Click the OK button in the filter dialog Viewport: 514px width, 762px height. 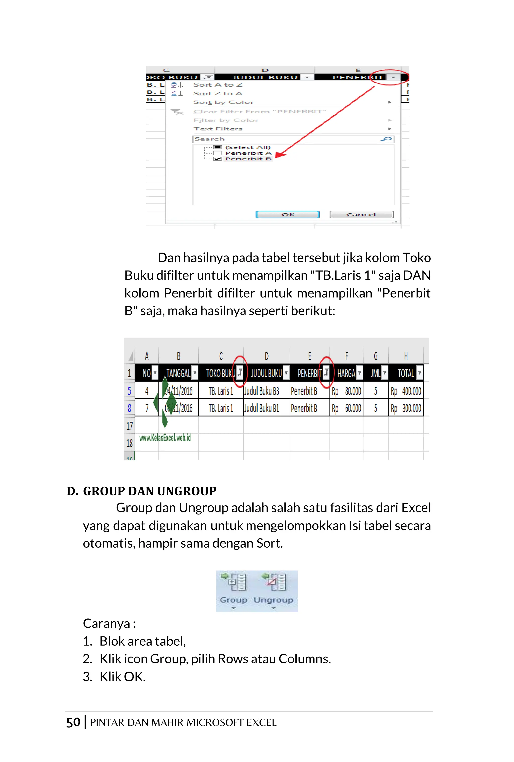click(x=287, y=214)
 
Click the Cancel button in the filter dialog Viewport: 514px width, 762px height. click(x=361, y=214)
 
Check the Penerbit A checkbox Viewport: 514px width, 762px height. click(x=217, y=153)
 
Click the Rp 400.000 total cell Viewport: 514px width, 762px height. click(x=406, y=391)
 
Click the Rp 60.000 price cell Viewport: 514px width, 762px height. click(x=347, y=408)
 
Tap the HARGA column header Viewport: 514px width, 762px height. click(x=346, y=373)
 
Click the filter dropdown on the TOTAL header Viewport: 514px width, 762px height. click(x=419, y=373)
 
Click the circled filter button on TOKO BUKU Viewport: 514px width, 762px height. click(x=240, y=372)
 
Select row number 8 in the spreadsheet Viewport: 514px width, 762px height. click(x=130, y=408)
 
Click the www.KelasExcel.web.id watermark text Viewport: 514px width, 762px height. click(x=165, y=438)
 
